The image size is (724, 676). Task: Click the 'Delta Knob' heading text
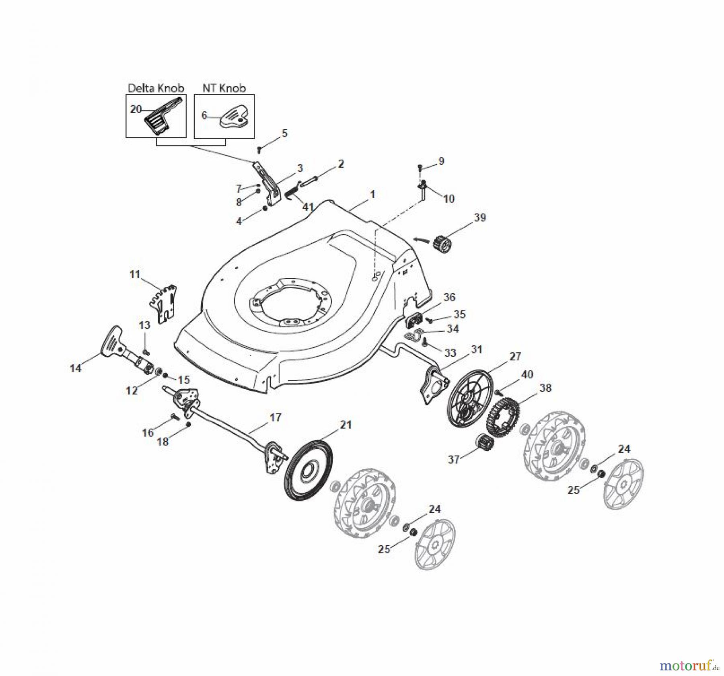(x=156, y=88)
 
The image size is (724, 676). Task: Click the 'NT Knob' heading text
(x=224, y=88)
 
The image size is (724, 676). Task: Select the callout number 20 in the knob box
(x=136, y=109)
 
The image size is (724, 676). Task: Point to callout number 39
(x=480, y=218)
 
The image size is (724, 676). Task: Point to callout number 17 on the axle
(x=275, y=417)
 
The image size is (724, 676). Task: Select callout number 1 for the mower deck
(x=372, y=195)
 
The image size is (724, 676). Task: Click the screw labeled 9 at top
(x=420, y=166)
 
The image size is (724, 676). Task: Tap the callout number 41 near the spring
(x=308, y=207)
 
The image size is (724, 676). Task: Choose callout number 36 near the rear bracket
(x=449, y=297)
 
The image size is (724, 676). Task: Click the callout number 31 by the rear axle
(x=477, y=349)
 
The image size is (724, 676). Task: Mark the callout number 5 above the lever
(x=285, y=133)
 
